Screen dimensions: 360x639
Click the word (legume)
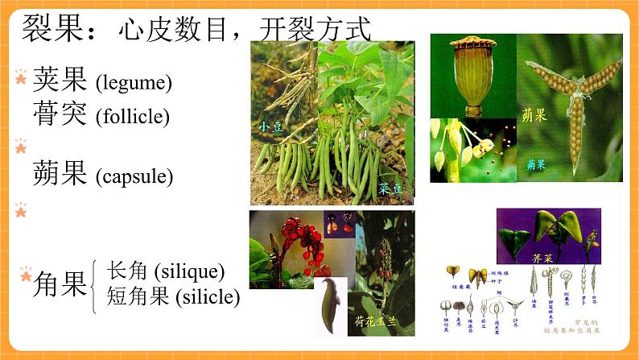(134, 82)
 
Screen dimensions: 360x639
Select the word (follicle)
(133, 116)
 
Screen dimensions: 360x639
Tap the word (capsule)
(134, 175)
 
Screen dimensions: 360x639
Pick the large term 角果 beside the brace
(60, 284)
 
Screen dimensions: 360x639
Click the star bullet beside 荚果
(21, 77)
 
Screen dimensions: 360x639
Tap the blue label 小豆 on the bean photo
(267, 126)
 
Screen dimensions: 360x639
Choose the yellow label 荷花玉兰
(381, 321)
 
